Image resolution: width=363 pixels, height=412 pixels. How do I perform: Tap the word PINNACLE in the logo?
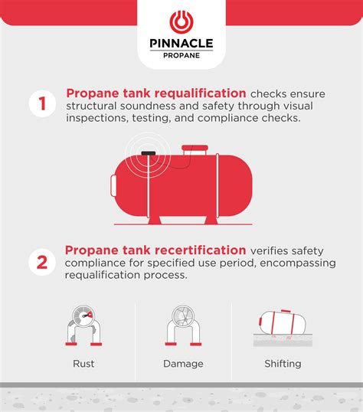(181, 44)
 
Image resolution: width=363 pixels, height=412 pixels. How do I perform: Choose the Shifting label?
(282, 364)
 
